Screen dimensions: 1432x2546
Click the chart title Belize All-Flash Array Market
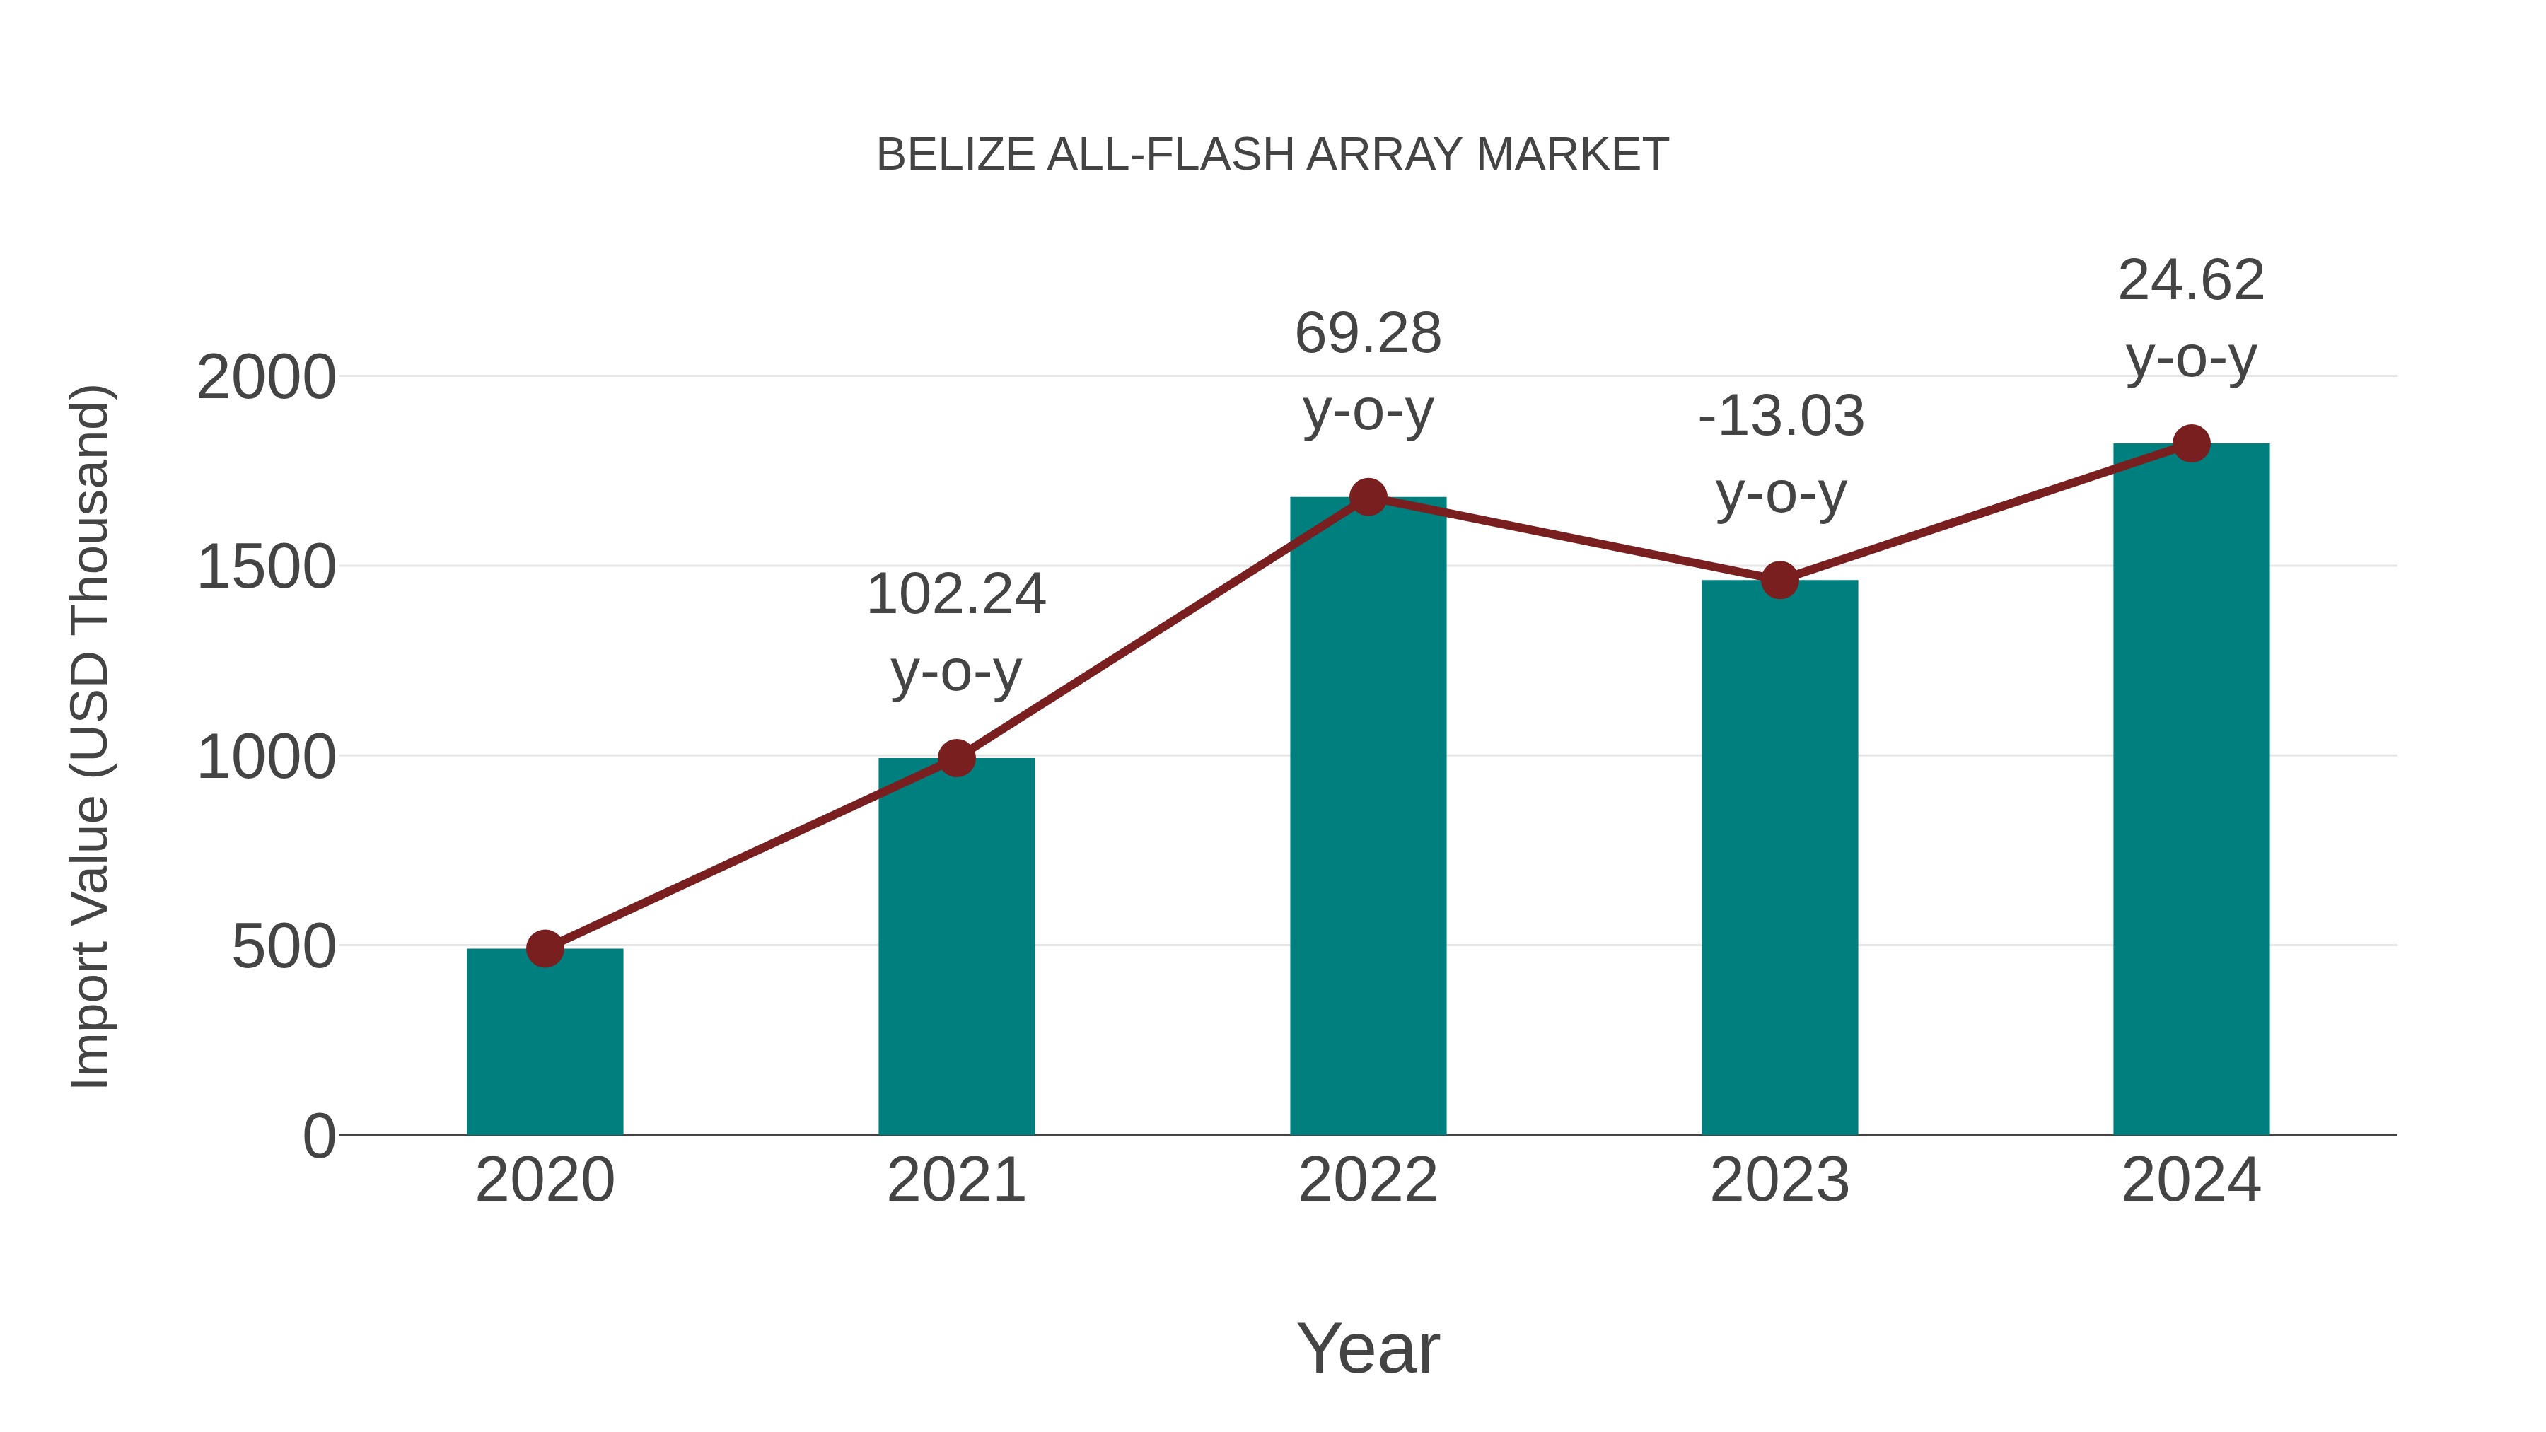[x=1272, y=155]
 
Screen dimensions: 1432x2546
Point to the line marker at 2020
[x=545, y=949]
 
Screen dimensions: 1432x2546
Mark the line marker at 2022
[x=1368, y=497]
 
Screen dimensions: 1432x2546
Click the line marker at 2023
[x=1779, y=580]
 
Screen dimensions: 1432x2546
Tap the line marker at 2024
[x=2191, y=443]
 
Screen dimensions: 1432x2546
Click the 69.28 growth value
[x=1368, y=334]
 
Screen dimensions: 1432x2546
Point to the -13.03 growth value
[x=1780, y=416]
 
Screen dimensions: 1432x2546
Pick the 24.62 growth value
[x=2191, y=281]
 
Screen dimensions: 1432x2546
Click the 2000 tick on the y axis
[x=266, y=378]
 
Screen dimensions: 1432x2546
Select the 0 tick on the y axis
[x=318, y=1136]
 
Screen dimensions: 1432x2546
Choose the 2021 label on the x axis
[x=955, y=1180]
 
